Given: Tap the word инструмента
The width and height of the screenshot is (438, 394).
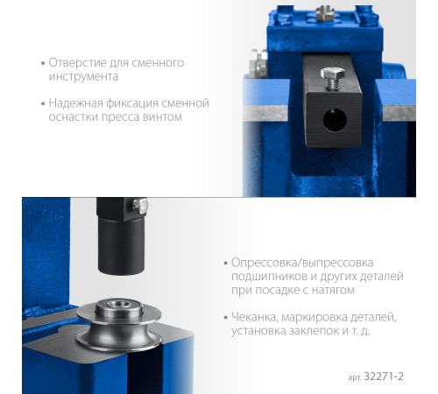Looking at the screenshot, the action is (83, 77).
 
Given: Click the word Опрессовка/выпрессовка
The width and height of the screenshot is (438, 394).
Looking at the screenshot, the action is (302, 263).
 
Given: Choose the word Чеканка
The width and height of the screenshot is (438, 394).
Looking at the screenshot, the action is (254, 317).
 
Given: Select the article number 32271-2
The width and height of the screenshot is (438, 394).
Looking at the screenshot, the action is (384, 376).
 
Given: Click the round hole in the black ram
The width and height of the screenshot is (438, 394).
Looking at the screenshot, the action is (335, 120).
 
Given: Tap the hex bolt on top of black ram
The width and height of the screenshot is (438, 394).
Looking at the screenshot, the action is (333, 77).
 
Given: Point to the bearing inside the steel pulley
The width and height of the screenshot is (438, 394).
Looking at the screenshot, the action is (119, 306).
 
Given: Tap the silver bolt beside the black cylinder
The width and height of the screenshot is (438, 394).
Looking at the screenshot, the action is (140, 206).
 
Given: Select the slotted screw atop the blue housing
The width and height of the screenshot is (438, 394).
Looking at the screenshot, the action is (325, 12).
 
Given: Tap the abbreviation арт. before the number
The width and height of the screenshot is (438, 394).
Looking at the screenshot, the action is (355, 377).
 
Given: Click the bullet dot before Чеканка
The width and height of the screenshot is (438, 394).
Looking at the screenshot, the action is (225, 317).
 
